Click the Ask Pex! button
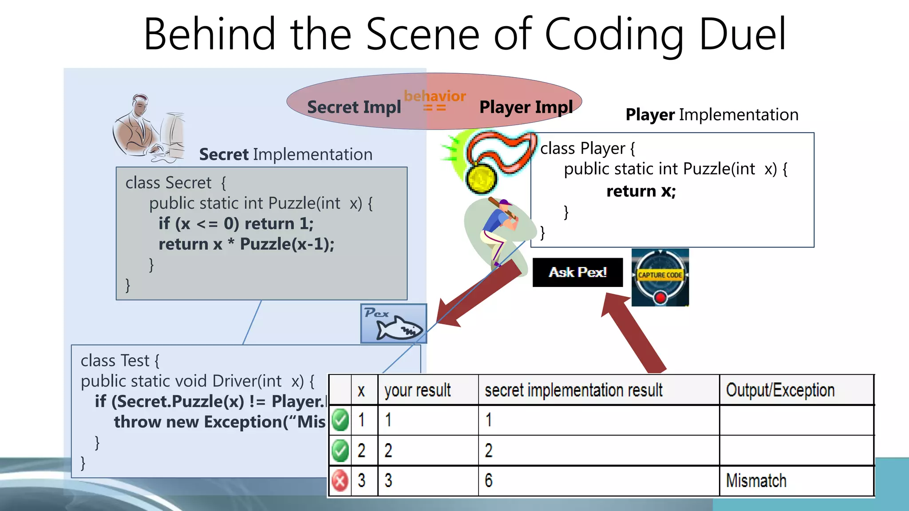[577, 272]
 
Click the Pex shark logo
[394, 324]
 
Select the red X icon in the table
[340, 481]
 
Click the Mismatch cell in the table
[756, 481]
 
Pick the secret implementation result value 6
[489, 481]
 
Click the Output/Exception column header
[780, 390]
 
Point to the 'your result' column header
[417, 390]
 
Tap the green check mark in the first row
[340, 420]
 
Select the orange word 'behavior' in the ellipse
[435, 96]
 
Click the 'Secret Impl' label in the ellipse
[354, 107]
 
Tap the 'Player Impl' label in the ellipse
[526, 107]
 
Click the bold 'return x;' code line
[641, 191]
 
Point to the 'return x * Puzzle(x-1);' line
[246, 244]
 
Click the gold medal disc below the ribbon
[481, 178]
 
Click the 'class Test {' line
[120, 361]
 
